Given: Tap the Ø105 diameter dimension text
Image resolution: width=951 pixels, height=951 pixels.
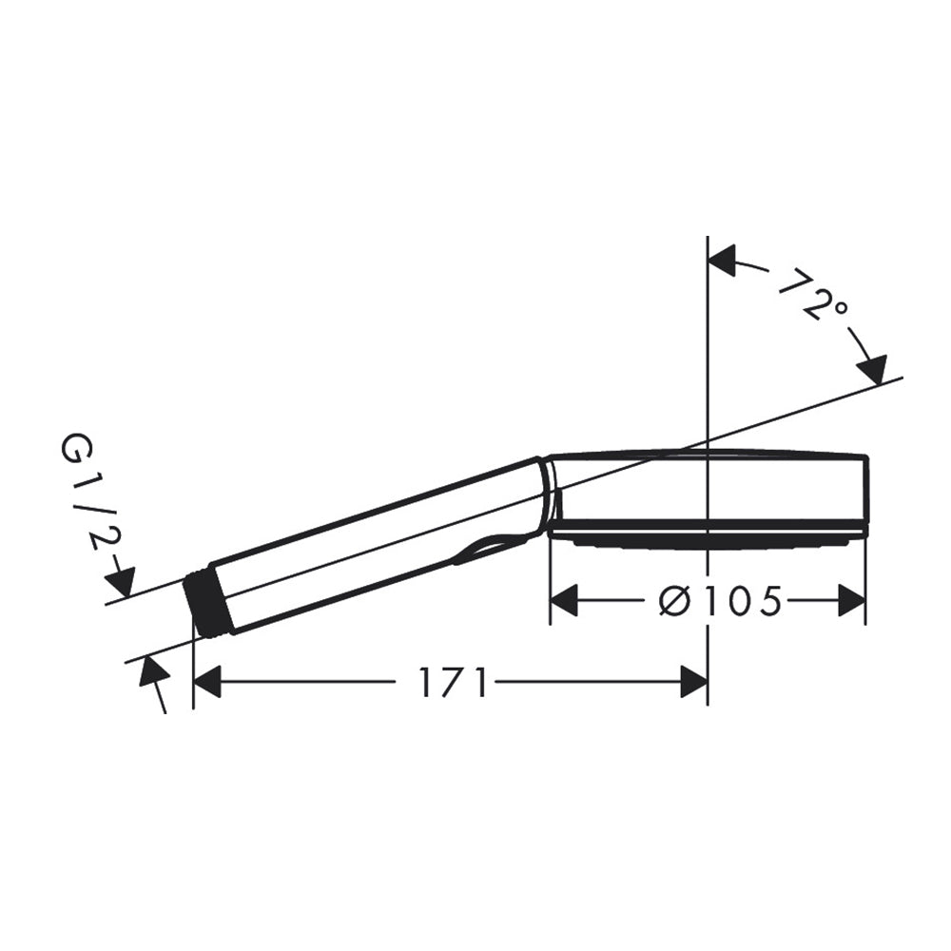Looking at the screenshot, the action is (x=720, y=602).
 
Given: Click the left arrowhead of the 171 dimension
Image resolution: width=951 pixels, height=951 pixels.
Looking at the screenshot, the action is (x=206, y=682).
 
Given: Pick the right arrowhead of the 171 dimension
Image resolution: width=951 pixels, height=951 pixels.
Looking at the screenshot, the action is (x=694, y=682).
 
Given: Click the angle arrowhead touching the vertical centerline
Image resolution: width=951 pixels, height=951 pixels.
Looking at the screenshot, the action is (x=723, y=261).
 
